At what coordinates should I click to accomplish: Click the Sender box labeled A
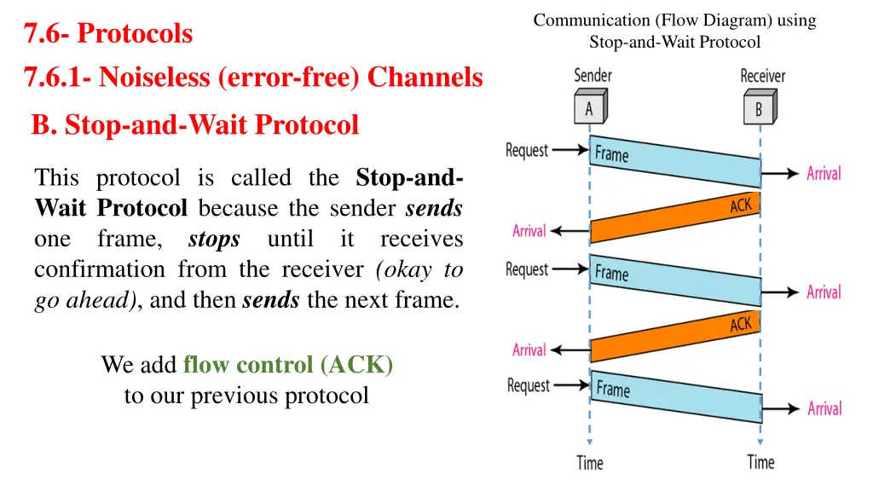589,109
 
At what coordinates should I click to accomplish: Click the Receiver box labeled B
758,109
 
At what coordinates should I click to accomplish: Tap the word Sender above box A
593,76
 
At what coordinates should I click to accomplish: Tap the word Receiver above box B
762,76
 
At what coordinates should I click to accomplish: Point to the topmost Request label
527,151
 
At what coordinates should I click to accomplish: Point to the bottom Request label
529,385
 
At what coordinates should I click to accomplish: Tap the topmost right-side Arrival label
824,174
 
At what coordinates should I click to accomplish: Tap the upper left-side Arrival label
529,231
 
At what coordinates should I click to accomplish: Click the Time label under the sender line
589,463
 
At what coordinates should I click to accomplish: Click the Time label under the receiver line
760,462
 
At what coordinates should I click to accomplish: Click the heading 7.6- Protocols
108,34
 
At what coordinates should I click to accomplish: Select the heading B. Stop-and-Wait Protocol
195,125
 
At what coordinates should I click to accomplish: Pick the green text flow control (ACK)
288,365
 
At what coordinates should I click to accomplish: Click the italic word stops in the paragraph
213,240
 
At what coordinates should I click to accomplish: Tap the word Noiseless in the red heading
155,78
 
